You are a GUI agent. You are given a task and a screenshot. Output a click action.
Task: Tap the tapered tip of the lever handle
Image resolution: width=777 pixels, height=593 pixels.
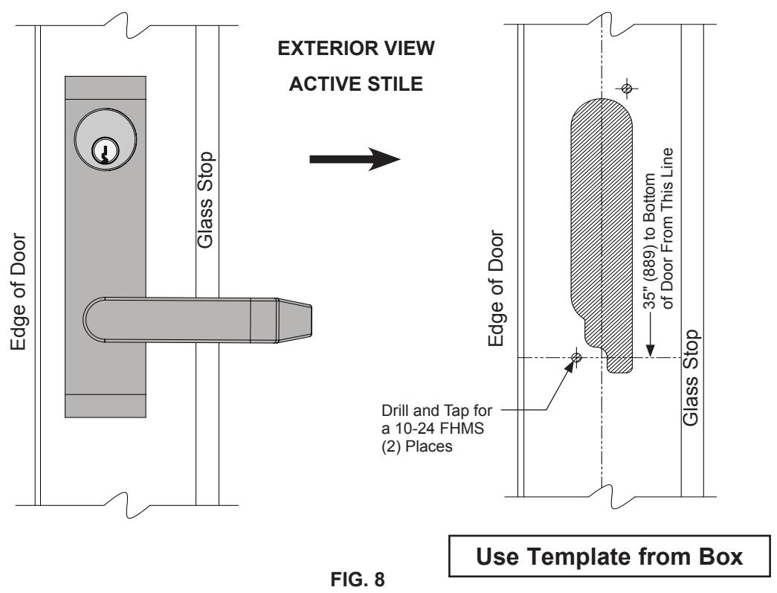point(294,320)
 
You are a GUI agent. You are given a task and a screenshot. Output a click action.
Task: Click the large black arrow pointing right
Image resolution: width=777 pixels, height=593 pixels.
point(355,159)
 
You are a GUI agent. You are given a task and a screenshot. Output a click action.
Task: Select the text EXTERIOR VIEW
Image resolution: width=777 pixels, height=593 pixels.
point(356,48)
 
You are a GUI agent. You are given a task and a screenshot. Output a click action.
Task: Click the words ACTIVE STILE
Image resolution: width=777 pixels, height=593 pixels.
point(356,84)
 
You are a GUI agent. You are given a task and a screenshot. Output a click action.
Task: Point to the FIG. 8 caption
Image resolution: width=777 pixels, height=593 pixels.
point(358,579)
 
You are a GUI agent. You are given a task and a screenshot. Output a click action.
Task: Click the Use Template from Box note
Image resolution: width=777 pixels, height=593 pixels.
point(609,557)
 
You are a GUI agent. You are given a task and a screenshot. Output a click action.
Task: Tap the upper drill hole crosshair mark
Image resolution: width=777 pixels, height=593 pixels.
point(626,89)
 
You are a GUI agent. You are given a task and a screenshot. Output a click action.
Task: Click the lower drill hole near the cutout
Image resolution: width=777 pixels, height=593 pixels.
point(576,357)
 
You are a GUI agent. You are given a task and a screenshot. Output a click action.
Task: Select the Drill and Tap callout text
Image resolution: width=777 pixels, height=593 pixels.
point(436,429)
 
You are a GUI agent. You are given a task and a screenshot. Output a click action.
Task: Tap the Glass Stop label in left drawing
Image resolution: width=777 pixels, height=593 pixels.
point(205,200)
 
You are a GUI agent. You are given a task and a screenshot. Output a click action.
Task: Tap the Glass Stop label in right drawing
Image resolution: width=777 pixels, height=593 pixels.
point(690,377)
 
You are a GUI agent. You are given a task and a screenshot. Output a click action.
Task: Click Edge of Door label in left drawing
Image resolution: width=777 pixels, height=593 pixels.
point(19,292)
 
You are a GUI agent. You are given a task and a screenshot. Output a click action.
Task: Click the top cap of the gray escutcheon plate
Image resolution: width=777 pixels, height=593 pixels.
point(105,88)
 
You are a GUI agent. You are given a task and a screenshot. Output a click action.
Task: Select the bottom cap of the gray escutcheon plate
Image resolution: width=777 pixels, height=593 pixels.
point(105,406)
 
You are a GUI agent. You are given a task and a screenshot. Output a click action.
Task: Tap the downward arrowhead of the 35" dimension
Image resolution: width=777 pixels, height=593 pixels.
point(651,350)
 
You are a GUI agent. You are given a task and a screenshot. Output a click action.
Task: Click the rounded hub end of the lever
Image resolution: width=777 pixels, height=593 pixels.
point(94,320)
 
